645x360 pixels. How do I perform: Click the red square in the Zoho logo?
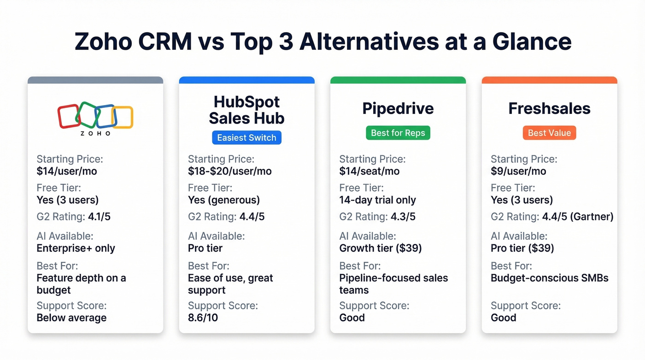click(x=68, y=116)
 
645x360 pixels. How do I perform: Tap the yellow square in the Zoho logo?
click(x=123, y=117)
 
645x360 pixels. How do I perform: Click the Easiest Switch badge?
click(x=246, y=137)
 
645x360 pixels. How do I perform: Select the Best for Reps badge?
click(x=398, y=133)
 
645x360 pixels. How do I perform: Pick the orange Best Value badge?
click(x=549, y=133)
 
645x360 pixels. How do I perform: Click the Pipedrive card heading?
click(x=398, y=108)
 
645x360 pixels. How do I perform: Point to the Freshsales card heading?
click(x=549, y=108)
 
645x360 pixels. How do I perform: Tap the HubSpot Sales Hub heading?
click(x=246, y=110)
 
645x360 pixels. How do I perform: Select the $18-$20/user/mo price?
click(x=229, y=171)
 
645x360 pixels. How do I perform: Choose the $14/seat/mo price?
click(x=369, y=171)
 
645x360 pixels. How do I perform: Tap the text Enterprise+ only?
click(x=76, y=248)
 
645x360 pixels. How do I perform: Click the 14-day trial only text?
click(x=377, y=200)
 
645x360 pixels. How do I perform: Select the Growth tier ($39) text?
click(x=381, y=248)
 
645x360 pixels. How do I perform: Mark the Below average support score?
click(x=71, y=318)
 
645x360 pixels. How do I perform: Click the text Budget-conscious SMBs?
click(x=549, y=278)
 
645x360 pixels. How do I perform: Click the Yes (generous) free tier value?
click(x=223, y=200)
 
